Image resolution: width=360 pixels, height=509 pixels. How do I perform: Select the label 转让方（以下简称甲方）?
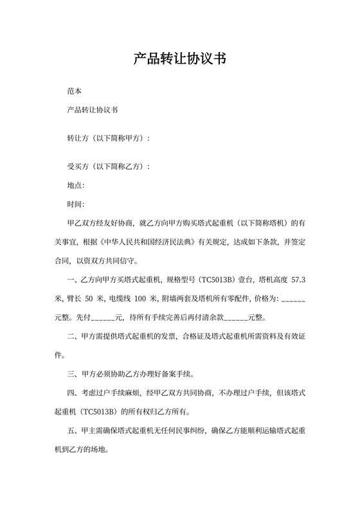click(x=107, y=138)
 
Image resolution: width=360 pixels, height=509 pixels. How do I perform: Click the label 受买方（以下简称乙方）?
click(x=107, y=167)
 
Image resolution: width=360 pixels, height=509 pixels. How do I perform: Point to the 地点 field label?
click(x=75, y=186)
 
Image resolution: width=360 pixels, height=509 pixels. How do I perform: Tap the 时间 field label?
click(x=75, y=204)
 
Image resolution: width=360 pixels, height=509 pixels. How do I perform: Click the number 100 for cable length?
click(x=141, y=299)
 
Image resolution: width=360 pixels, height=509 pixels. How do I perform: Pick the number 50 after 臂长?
click(x=91, y=299)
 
